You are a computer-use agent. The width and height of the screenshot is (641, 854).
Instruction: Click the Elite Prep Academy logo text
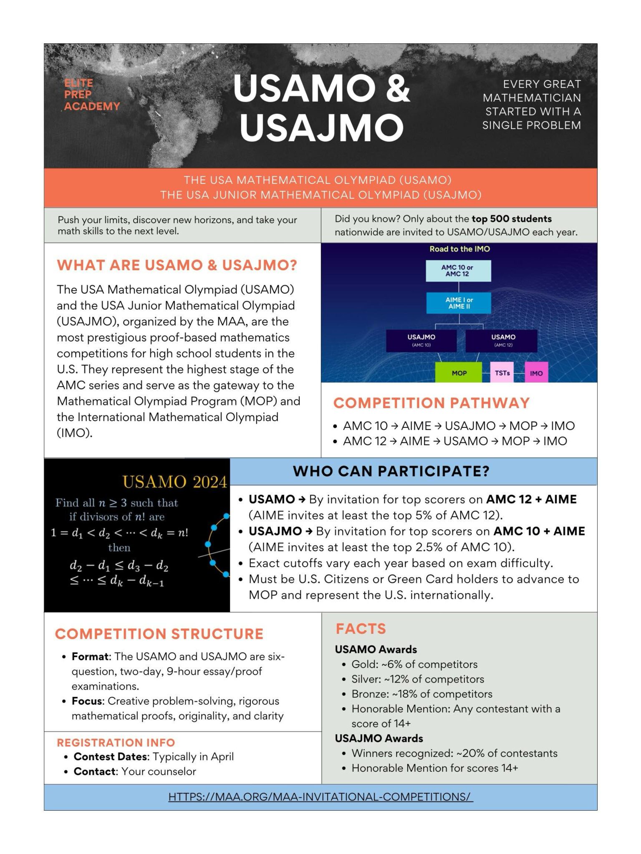click(92, 95)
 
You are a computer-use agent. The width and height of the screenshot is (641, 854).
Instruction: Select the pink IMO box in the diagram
click(536, 373)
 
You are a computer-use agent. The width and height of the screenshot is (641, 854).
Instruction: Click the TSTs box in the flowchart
click(502, 372)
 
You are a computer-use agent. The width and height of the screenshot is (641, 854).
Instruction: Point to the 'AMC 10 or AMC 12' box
click(458, 271)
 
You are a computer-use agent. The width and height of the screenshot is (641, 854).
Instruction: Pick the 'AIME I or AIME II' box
click(459, 303)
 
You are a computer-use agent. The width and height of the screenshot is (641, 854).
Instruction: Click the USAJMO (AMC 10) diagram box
click(421, 340)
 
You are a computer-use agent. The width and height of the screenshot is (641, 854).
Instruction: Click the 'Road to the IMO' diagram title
click(459, 249)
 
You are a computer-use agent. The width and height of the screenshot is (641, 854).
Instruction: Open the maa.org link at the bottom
click(320, 796)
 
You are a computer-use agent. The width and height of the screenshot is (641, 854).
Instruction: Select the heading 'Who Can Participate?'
click(391, 471)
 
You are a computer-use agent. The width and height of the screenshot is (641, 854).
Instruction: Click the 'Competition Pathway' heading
click(431, 403)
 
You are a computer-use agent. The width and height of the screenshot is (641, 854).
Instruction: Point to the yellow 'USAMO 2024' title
click(174, 482)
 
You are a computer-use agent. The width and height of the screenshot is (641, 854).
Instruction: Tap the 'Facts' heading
click(361, 628)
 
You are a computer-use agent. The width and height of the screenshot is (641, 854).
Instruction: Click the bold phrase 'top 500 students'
click(511, 219)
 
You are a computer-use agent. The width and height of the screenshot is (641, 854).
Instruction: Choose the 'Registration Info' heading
click(116, 742)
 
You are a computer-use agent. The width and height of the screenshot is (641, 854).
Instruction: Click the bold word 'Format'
click(90, 656)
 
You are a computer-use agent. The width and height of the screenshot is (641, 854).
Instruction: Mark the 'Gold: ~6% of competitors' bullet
click(414, 664)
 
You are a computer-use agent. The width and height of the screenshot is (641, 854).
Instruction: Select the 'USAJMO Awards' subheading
click(379, 738)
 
